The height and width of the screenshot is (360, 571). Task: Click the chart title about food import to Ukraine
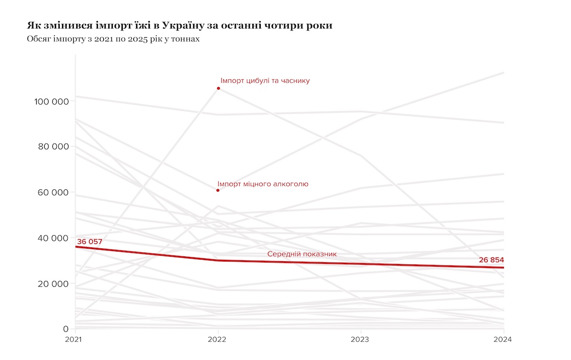coord(180,25)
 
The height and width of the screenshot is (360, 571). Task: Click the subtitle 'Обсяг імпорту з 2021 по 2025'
coord(113,39)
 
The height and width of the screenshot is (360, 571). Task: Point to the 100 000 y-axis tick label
coord(52,101)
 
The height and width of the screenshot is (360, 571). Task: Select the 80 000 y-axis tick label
coord(53,146)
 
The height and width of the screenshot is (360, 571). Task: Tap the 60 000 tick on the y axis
coord(53,193)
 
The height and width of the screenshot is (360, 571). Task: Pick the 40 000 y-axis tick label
coord(53,238)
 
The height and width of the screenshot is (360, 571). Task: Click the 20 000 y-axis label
coord(53,284)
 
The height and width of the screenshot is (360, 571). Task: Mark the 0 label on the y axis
coord(66,329)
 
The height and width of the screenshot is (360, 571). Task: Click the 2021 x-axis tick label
coord(75,340)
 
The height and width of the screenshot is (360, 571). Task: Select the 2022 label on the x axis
coord(218,340)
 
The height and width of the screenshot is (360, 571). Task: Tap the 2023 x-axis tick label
coord(361,340)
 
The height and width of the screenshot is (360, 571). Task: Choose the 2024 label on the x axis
coord(503,340)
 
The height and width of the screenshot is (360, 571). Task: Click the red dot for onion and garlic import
coord(218,88)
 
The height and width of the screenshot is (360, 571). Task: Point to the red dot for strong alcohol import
coord(218,190)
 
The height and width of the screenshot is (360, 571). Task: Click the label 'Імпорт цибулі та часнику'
coord(265,81)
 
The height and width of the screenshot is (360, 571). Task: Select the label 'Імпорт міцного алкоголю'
coord(263,184)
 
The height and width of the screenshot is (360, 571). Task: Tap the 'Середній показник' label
coord(302,254)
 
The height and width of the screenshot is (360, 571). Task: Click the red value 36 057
coord(89,242)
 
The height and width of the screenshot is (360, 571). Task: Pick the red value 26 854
coord(491,260)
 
